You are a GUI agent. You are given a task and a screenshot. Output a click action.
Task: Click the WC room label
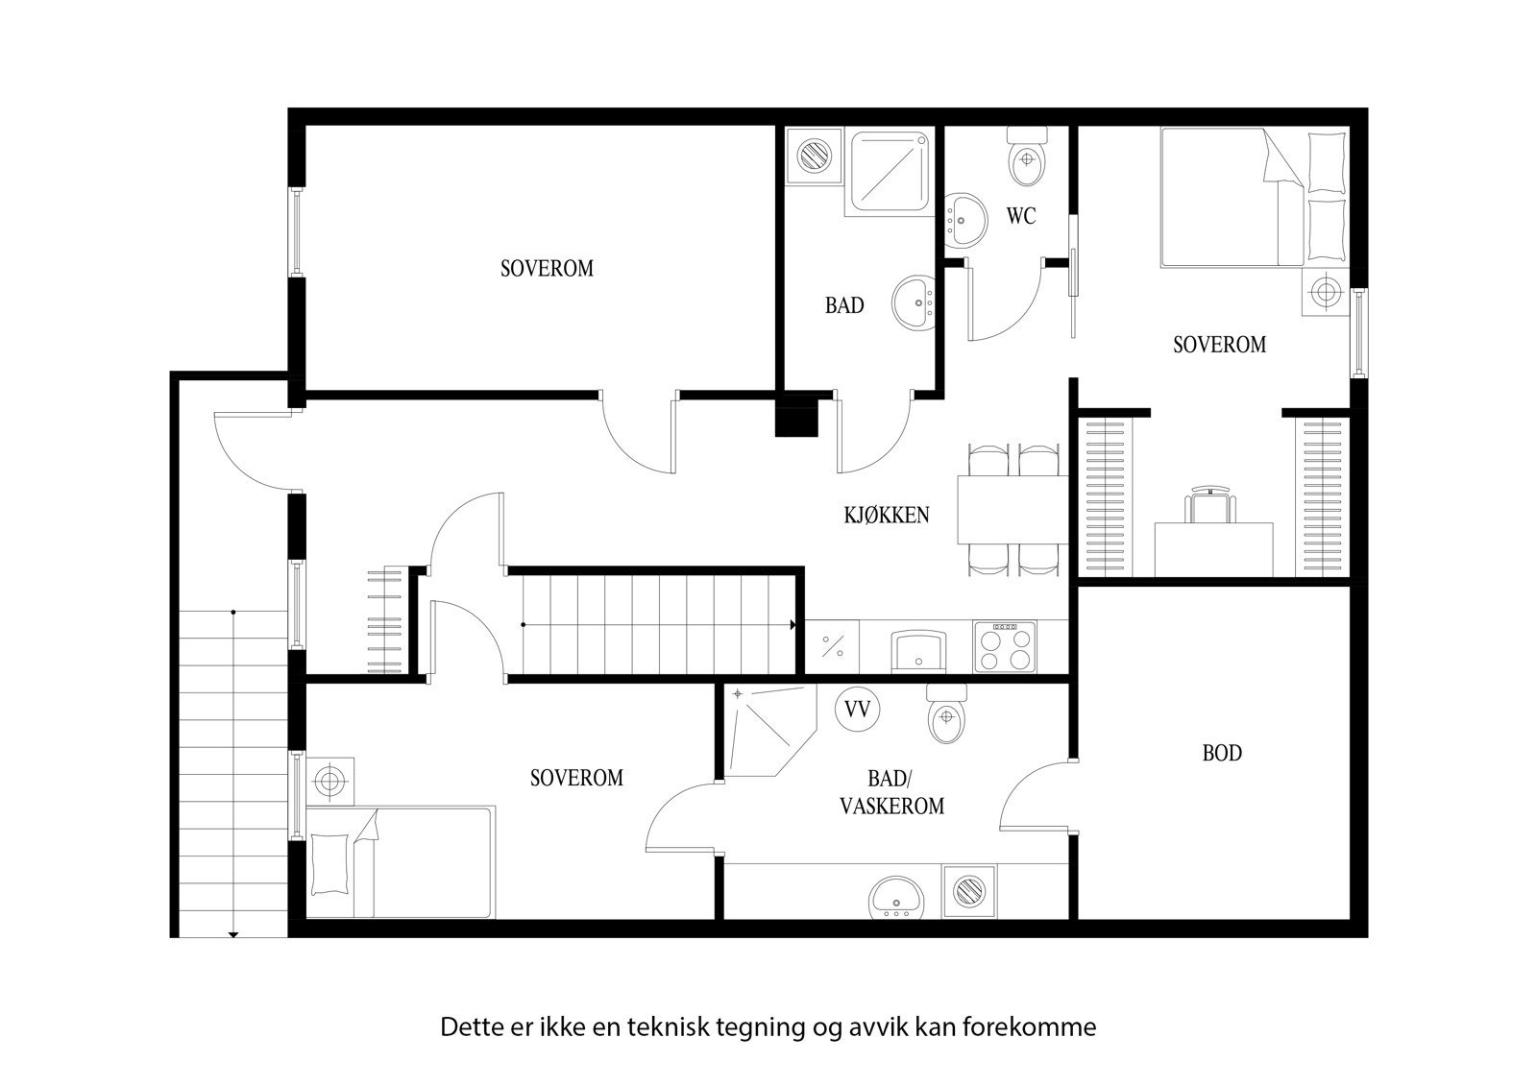[x=1021, y=216]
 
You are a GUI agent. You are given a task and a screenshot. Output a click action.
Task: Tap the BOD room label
[x=1222, y=753]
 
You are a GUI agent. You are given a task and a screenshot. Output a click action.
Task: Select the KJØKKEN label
[x=887, y=515]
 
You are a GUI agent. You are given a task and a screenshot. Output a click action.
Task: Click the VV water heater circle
[x=857, y=710]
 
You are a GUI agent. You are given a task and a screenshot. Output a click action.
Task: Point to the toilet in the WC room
[x=1027, y=161]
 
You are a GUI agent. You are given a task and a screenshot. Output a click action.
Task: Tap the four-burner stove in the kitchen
[x=1005, y=646]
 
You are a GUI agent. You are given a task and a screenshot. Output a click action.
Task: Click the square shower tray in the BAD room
[x=890, y=173]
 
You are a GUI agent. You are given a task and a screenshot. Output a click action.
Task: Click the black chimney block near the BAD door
[x=795, y=418]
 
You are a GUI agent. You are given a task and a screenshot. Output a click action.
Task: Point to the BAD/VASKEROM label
[x=891, y=793]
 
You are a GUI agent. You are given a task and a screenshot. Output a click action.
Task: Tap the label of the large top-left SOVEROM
[x=547, y=268]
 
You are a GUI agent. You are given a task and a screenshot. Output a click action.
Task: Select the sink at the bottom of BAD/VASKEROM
[x=895, y=898]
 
